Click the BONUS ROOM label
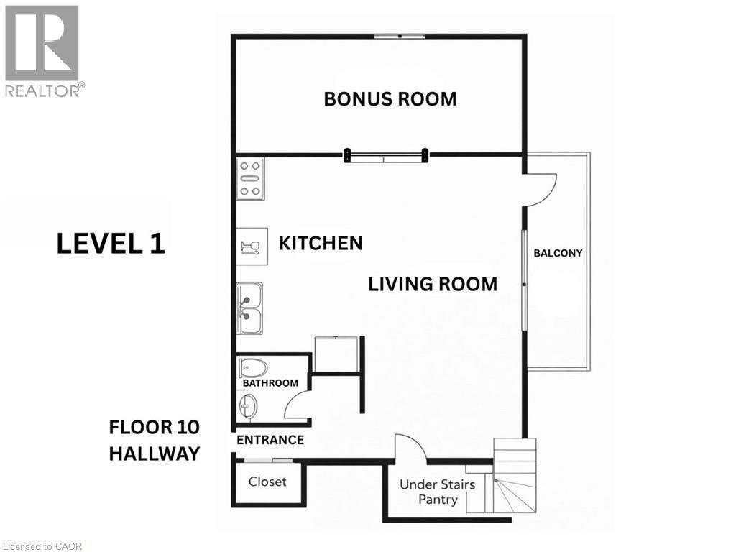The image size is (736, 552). coord(390,98)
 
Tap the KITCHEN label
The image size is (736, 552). coord(321,244)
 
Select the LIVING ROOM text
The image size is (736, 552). coord(433,284)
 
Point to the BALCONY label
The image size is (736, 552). coord(558,253)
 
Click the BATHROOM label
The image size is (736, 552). coord(270,383)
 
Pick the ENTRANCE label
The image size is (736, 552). coord(270,440)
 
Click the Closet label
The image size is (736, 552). coord(267,482)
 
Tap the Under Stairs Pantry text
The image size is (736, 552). coord(437,492)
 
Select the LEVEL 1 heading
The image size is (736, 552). coord(111,244)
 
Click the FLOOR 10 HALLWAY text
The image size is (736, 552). coord(154,441)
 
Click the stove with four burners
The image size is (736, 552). coord(250,178)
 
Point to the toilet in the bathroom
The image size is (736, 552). coord(252,368)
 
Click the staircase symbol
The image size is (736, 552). coord(515,478)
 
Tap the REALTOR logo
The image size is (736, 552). coord(43,50)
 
